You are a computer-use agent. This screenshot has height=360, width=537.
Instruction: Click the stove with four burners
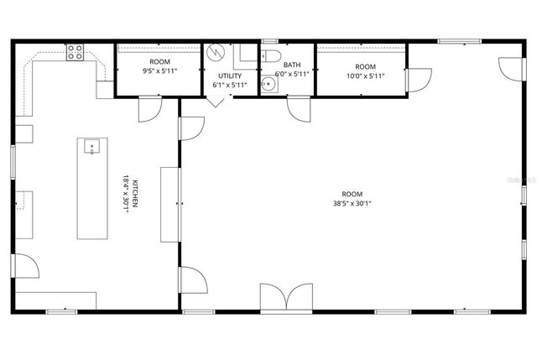(75, 52)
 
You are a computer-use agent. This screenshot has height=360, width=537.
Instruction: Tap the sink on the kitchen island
(91, 148)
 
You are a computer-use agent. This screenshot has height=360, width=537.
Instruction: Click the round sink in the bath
(268, 83)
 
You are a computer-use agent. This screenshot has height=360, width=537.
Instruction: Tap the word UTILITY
(230, 76)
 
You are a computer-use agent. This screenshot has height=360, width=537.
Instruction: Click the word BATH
(292, 65)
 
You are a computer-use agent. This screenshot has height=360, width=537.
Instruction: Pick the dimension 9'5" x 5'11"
(159, 71)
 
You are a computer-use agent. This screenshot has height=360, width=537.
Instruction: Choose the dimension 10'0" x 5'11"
(366, 76)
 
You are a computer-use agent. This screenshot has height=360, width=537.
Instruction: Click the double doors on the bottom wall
(286, 298)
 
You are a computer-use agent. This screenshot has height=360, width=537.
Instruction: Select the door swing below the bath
(299, 109)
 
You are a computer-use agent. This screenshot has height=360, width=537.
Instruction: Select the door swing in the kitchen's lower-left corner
(26, 267)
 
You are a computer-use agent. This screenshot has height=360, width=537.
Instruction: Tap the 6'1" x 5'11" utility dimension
(230, 85)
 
